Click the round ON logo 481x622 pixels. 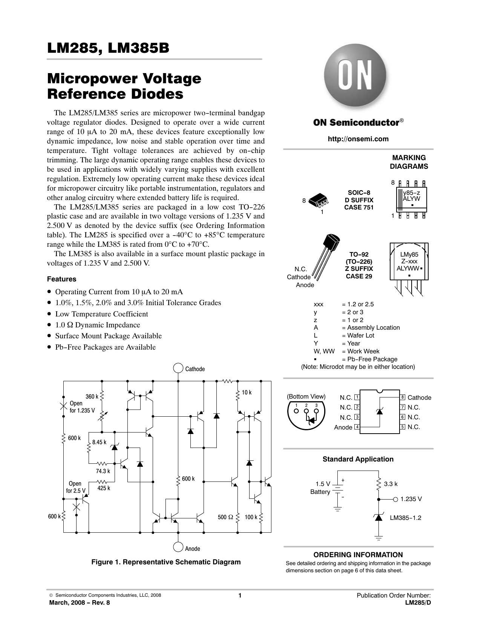pos(355,75)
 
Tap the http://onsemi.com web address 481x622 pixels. pos(358,139)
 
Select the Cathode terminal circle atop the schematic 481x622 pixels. pos(178,368)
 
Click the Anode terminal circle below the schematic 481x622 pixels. pos(178,547)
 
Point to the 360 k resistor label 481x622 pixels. pos(92,396)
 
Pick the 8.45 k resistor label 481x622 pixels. pos(100,442)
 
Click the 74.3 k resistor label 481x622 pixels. pos(103,471)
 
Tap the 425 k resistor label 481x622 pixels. pos(104,488)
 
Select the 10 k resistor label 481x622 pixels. pos(247,393)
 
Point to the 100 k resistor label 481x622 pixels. pos(251,517)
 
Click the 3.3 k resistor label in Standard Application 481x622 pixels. pos(391,484)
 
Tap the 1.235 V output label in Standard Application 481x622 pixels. pos(411,499)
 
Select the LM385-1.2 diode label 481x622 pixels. pos(406,518)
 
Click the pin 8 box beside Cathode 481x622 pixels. pos(403,397)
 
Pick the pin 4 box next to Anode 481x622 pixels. pos(357,427)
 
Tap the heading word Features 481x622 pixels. pos(61,279)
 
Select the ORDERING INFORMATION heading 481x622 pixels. pos(358,555)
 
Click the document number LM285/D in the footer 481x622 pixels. pos(418,602)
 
